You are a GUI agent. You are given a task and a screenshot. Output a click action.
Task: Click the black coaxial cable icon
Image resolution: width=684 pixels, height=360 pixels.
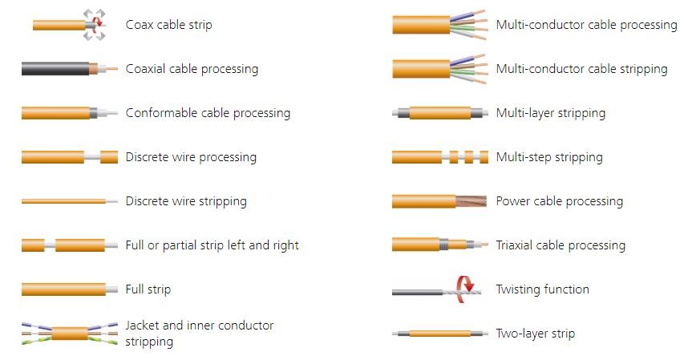69,68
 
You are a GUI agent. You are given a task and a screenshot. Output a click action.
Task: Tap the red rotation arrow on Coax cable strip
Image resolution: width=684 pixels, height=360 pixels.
99,20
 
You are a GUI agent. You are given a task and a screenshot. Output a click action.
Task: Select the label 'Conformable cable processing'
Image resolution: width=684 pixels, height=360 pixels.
208,113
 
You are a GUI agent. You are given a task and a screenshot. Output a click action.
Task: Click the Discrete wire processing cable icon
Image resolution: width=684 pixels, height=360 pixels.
69,157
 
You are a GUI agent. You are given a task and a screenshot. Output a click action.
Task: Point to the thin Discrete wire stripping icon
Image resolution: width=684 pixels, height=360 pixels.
69,201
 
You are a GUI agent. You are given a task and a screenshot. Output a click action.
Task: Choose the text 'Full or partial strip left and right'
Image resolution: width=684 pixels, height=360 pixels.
212,245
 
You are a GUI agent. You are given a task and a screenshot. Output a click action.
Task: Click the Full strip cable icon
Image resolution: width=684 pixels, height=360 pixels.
69,289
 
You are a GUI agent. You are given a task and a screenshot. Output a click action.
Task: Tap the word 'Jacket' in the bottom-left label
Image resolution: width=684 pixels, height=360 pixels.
142,326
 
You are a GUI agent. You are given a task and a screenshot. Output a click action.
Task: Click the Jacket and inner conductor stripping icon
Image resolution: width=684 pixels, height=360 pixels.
69,334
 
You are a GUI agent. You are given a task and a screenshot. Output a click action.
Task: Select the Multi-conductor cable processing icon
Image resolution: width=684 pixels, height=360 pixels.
439,25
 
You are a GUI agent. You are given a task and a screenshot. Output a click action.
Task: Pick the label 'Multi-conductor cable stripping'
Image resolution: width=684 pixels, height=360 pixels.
581,69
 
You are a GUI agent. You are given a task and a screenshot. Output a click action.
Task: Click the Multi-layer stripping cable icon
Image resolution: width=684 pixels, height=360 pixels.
439,113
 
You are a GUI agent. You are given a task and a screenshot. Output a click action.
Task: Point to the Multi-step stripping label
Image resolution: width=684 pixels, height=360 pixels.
549,157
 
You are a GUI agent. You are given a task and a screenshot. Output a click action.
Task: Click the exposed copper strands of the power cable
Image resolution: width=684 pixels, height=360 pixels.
472,201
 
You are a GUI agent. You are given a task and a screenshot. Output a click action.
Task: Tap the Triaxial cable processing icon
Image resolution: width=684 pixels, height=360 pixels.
439,245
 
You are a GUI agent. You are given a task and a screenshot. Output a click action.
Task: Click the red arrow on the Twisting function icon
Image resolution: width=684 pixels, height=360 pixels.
465,287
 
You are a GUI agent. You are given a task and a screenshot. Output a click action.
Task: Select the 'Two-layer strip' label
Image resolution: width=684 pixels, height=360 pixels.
535,334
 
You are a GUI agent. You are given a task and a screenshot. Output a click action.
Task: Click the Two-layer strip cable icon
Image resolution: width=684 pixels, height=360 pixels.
439,334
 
